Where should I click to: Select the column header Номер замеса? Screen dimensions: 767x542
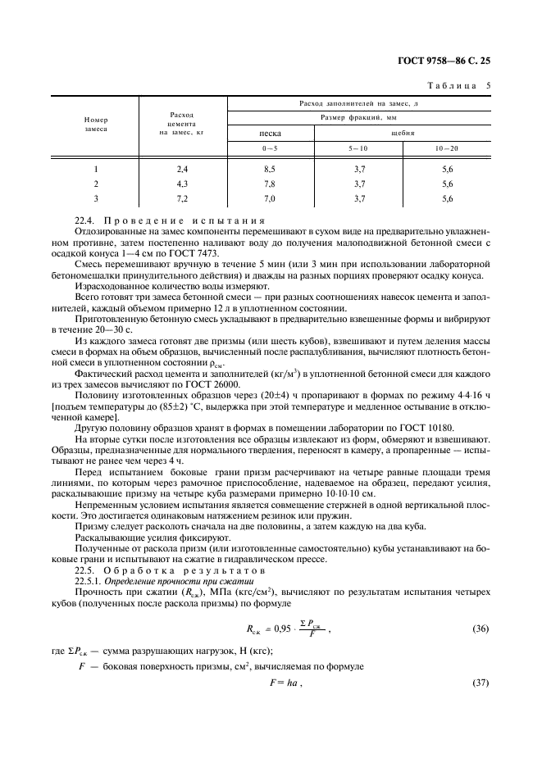pyautogui.click(x=96, y=124)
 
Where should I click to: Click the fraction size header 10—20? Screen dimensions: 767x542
pyautogui.click(x=447, y=147)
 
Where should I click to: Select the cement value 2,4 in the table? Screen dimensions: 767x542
pyautogui.click(x=182, y=168)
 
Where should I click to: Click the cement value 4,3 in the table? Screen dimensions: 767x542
pyautogui.click(x=182, y=183)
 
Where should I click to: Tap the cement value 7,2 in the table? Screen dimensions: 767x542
pyautogui.click(x=182, y=198)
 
